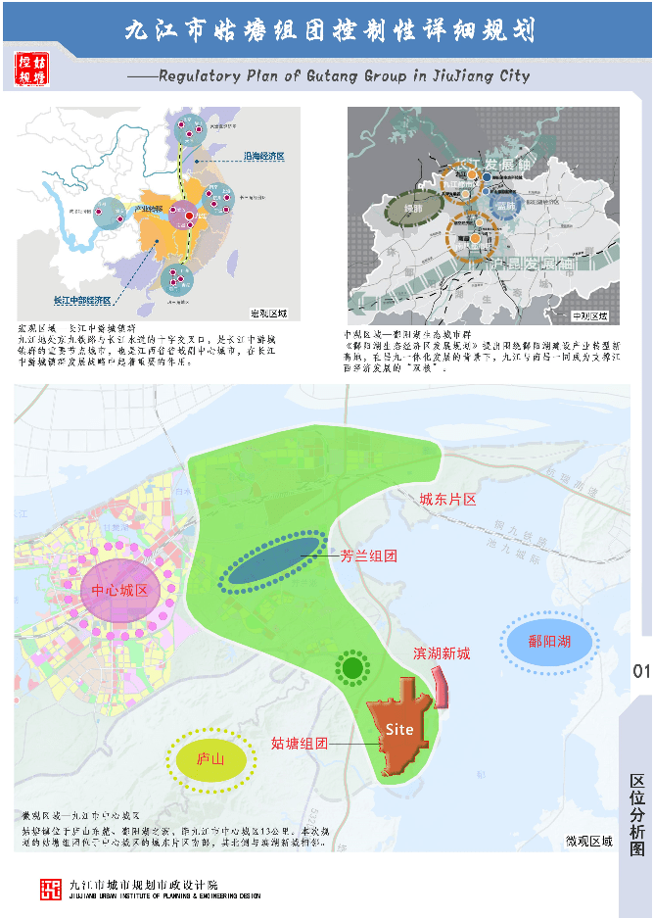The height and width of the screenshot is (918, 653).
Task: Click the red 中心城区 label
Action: [119, 591]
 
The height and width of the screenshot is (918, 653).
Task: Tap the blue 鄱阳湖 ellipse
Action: [548, 642]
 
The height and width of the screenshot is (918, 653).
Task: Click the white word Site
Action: [399, 729]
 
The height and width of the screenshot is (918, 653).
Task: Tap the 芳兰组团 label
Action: [369, 556]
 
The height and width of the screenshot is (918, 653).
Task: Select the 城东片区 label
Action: [447, 500]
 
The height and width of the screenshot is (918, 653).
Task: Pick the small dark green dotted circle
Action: [350, 669]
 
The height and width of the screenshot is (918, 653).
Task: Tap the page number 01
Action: [641, 671]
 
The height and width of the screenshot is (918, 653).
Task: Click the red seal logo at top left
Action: [31, 67]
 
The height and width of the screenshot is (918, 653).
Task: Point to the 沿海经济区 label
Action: [263, 157]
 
